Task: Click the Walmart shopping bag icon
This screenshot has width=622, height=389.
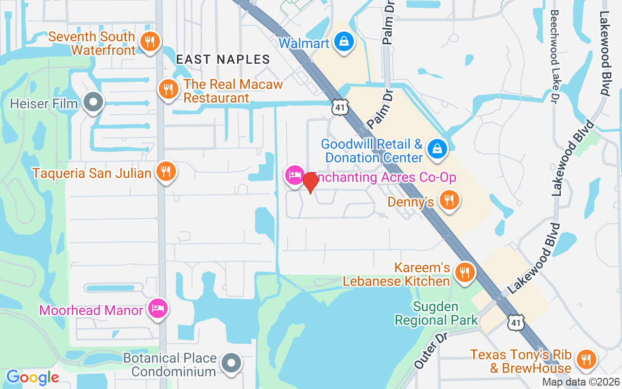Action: coord(344,42)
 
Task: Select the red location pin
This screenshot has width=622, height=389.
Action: coord(311,183)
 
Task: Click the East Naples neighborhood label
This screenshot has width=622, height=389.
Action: coord(223,59)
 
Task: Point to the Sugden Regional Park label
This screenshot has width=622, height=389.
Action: coord(436,314)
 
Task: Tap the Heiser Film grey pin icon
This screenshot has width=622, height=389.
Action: coord(93,103)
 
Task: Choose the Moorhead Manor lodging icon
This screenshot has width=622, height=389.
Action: coord(158,308)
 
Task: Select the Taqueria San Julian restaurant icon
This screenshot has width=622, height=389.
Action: coord(166,171)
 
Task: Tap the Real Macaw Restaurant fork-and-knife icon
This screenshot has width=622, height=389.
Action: coord(168,89)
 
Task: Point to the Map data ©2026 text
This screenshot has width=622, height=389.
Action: coord(581,382)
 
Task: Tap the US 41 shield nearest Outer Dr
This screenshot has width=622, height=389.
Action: coord(517,322)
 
